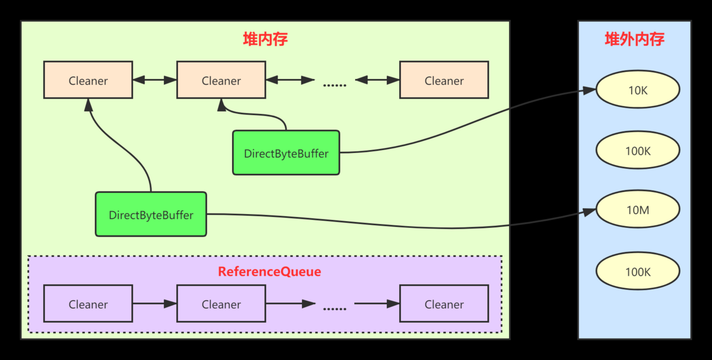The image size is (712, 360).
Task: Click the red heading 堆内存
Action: click(265, 39)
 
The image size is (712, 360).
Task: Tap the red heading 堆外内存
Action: click(634, 39)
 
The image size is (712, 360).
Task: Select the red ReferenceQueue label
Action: click(269, 272)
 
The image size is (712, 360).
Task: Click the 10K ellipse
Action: click(638, 90)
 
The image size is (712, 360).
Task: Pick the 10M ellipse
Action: click(638, 209)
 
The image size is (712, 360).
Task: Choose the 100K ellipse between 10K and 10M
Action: click(638, 150)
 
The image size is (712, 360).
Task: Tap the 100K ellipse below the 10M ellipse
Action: click(638, 271)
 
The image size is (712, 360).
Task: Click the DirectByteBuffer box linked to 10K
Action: click(286, 152)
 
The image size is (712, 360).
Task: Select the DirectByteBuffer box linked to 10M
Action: click(151, 214)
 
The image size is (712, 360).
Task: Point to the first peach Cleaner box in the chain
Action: click(88, 79)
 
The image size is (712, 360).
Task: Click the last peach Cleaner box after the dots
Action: click(444, 79)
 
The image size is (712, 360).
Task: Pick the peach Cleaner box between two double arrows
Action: click(221, 79)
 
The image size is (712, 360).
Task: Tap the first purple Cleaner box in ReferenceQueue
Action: click(88, 304)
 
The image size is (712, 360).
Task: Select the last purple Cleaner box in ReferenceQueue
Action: click(444, 304)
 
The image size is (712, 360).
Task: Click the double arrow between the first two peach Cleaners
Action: click(155, 79)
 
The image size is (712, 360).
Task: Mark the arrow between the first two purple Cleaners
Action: click(155, 304)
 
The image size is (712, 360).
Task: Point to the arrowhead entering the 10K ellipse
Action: click(589, 91)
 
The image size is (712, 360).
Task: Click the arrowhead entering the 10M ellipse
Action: click(589, 212)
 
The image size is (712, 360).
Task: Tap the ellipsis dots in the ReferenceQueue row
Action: click(335, 309)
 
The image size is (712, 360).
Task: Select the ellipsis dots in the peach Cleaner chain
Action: click(335, 85)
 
